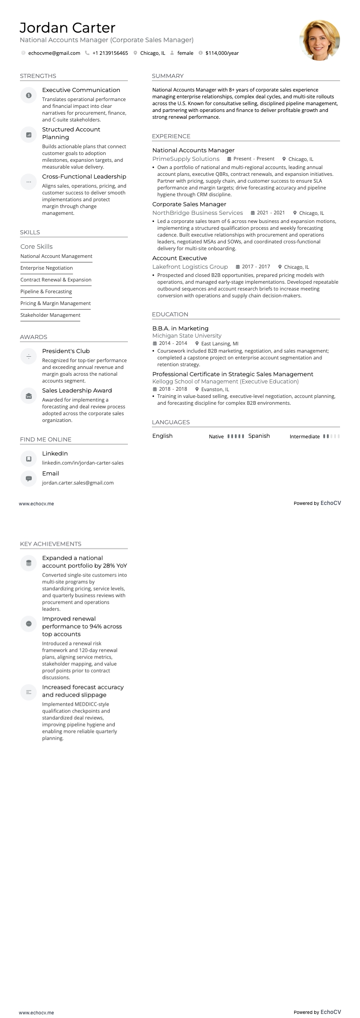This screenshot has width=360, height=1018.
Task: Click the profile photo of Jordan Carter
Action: pyautogui.click(x=320, y=40)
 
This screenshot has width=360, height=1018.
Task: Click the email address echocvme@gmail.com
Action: pyautogui.click(x=54, y=53)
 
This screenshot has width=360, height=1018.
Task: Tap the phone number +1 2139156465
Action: pyautogui.click(x=110, y=53)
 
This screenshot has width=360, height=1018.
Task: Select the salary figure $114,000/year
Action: pyautogui.click(x=222, y=53)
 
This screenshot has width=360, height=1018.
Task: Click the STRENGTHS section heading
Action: pyautogui.click(x=38, y=76)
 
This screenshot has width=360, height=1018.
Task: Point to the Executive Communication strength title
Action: pyautogui.click(x=81, y=90)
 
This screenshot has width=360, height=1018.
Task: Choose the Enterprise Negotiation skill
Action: pyautogui.click(x=47, y=268)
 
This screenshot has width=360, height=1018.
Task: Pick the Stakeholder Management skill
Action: pyautogui.click(x=50, y=315)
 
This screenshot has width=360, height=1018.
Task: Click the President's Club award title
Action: pyautogui.click(x=66, y=351)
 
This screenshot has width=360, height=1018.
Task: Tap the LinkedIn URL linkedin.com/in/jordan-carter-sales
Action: pyautogui.click(x=83, y=463)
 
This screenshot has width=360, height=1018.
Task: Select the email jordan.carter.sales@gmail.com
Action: pyautogui.click(x=78, y=483)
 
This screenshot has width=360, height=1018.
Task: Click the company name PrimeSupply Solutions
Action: pyautogui.click(x=186, y=159)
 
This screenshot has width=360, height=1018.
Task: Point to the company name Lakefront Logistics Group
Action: pyautogui.click(x=190, y=267)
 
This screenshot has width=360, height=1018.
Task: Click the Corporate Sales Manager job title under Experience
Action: pyautogui.click(x=189, y=204)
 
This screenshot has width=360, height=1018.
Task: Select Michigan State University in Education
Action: pyautogui.click(x=187, y=336)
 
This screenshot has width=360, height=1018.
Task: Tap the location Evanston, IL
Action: pyautogui.click(x=215, y=389)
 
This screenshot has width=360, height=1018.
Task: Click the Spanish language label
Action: pyautogui.click(x=259, y=436)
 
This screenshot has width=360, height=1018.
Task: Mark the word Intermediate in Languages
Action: pyautogui.click(x=305, y=436)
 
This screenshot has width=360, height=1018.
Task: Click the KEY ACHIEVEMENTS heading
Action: pyautogui.click(x=50, y=544)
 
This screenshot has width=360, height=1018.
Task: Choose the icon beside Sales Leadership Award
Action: pyautogui.click(x=29, y=396)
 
